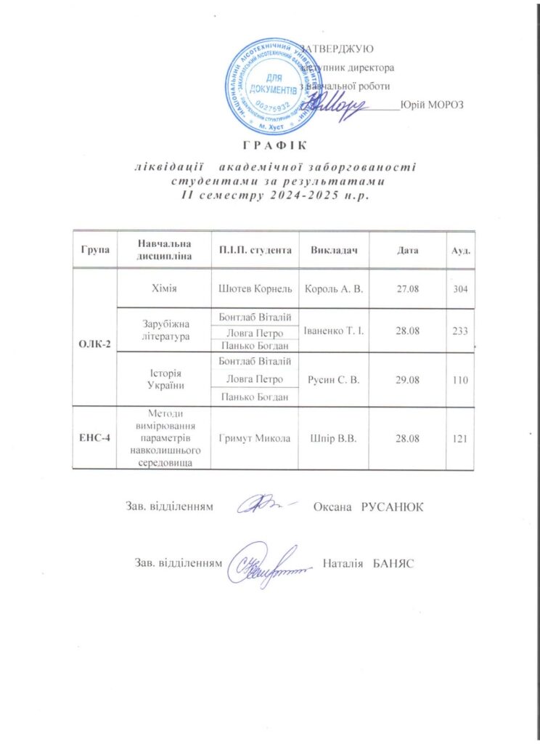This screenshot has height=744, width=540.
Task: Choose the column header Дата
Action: pos(408,250)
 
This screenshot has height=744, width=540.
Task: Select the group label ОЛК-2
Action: pos(95,343)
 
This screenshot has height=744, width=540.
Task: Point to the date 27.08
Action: pos(408,290)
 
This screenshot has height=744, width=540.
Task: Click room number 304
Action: pos(459,290)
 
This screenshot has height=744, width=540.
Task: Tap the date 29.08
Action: pos(408,379)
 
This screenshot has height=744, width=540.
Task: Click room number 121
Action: pos(459,438)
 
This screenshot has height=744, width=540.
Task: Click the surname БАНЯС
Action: pos(393,564)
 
